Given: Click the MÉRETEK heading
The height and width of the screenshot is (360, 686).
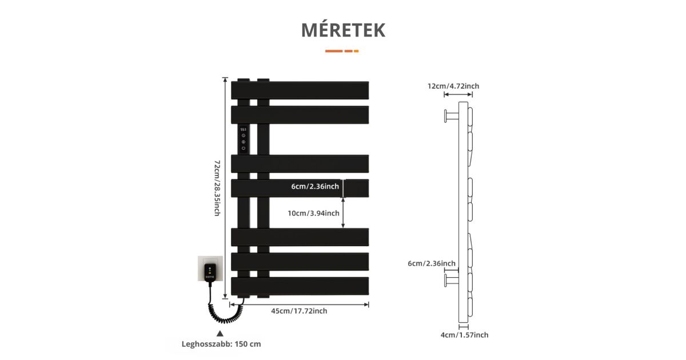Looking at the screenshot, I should pos(343,30).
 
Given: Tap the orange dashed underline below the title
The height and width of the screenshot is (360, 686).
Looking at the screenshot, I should pos(342,51).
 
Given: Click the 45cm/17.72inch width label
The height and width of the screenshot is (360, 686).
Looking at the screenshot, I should pos(299,311).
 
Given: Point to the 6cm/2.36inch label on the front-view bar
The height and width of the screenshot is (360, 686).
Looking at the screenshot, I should pos(315,186).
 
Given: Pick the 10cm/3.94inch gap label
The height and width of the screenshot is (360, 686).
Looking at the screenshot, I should pos(313,213).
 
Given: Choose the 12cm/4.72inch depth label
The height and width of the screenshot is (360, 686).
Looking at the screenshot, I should pos(453,86).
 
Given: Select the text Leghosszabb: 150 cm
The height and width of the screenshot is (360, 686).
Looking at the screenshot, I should pos(221,344).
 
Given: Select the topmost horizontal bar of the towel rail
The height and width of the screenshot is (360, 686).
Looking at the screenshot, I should pos(300,90).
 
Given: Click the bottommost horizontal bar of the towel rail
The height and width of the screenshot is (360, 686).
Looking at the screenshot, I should pos(300,286).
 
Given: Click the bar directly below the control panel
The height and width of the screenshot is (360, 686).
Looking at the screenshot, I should pos(300,163).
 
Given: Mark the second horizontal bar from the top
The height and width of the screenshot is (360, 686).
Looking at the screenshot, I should pos(300,114).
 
